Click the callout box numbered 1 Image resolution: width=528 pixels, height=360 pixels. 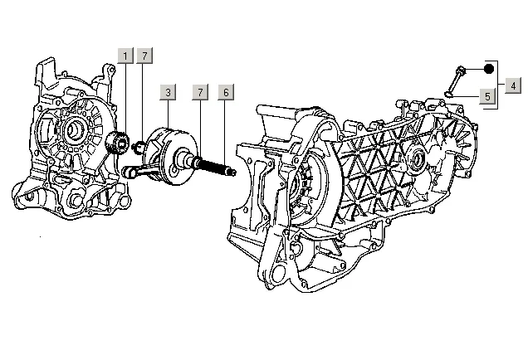[x=125, y=56]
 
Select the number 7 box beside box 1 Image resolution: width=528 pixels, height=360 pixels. [x=144, y=56]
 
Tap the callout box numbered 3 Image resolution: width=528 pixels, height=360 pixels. [x=168, y=93]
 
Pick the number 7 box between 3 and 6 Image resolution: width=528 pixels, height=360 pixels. [x=199, y=93]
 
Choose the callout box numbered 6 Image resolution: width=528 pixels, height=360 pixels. [x=224, y=93]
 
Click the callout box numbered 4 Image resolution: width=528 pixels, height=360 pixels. [x=514, y=85]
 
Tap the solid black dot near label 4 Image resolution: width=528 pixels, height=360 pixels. [x=489, y=69]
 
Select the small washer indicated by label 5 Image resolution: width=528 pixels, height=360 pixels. [x=449, y=94]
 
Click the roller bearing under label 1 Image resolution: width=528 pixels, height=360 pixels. [x=119, y=143]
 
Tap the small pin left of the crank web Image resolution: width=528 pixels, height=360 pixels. [x=140, y=148]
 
